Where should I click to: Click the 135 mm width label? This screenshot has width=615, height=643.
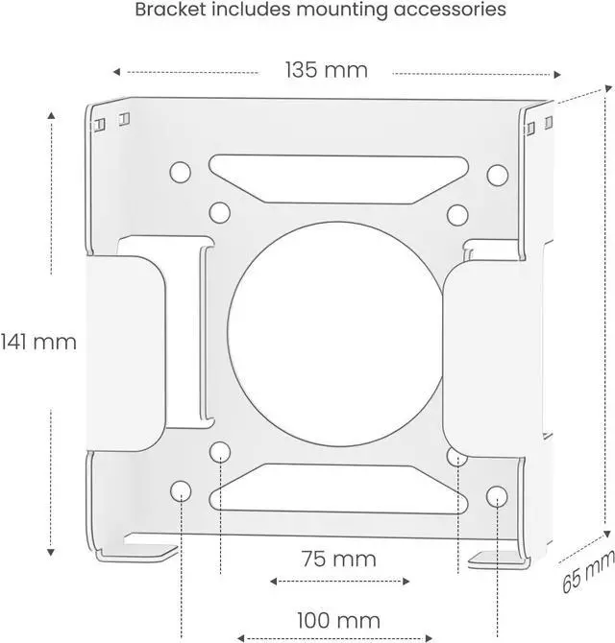click(326, 71)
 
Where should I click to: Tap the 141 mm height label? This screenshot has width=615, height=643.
click(38, 341)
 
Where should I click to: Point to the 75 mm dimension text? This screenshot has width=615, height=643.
click(338, 559)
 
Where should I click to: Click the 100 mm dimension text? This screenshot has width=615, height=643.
click(339, 620)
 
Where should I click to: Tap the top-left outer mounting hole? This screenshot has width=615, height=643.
click(180, 174)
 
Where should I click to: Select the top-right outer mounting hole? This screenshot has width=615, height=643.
click(497, 175)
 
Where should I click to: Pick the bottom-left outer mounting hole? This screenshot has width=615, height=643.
click(181, 491)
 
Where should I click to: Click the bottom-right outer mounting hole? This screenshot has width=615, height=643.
click(496, 495)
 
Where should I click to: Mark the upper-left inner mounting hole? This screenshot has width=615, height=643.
click(219, 211)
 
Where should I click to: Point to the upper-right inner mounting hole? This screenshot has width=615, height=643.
click(457, 212)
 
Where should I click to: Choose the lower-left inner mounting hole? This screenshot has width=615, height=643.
click(220, 451)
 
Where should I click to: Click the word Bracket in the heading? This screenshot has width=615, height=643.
click(168, 12)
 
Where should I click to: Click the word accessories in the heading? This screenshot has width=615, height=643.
click(454, 12)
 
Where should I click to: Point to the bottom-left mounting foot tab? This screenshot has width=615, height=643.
click(151, 554)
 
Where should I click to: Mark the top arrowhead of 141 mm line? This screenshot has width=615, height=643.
click(51, 112)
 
